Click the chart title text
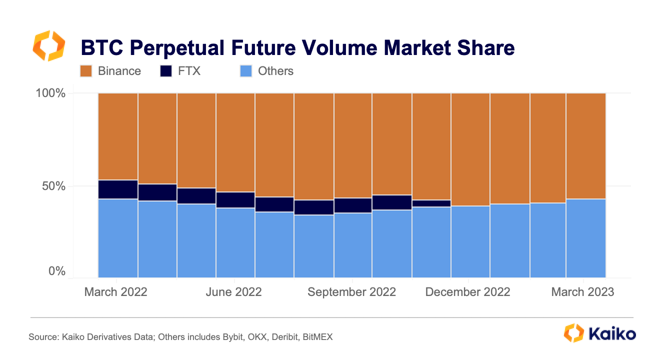point(297,48)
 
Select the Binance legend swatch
point(86,71)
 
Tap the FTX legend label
point(189,71)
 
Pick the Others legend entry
point(275,71)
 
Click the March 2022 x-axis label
point(116,292)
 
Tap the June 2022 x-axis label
point(233,292)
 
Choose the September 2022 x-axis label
point(351,292)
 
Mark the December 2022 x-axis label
point(467,292)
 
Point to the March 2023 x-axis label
point(582,292)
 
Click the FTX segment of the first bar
point(118,189)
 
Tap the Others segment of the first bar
point(118,238)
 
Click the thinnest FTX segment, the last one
point(431,203)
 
